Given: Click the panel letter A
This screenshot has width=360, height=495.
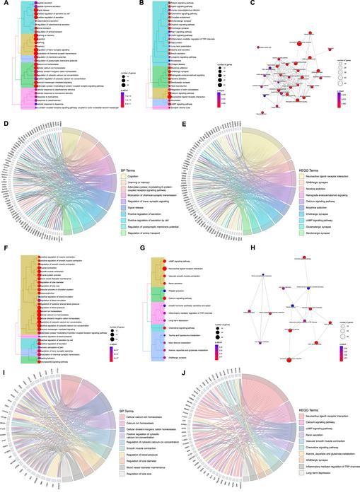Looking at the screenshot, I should click(x=4, y=4).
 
